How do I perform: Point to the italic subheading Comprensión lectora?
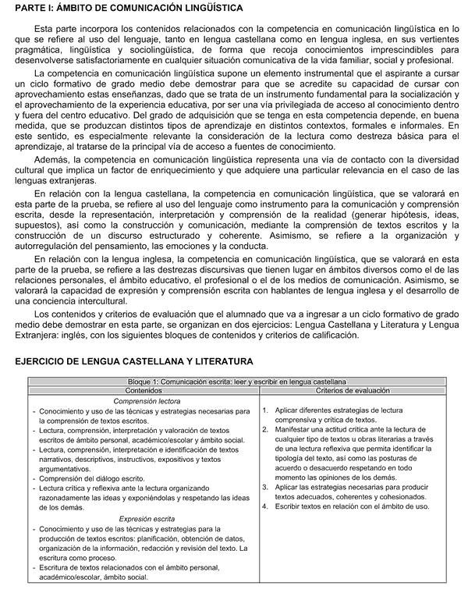click(146, 401)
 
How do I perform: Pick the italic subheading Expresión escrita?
click(146, 518)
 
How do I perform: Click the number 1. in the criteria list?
click(265, 410)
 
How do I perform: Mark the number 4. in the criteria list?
click(265, 506)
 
